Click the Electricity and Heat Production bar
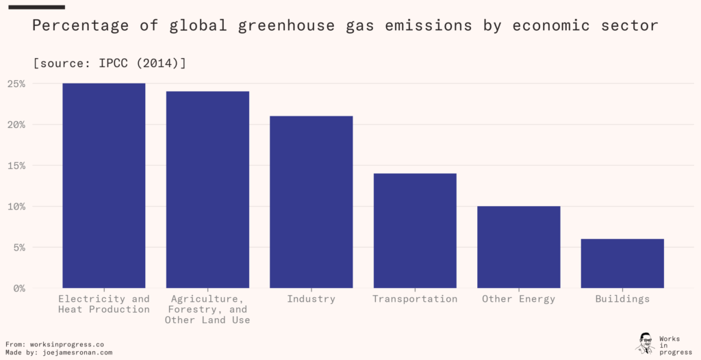point(103,185)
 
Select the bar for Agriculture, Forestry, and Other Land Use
point(207,190)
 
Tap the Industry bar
point(311,202)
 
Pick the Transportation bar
point(415,231)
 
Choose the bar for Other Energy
point(518,247)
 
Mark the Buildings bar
point(622,263)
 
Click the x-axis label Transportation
point(415,299)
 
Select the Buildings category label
point(622,299)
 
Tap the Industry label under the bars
point(311,299)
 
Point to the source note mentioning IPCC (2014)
point(110,63)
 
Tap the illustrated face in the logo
point(645,342)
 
